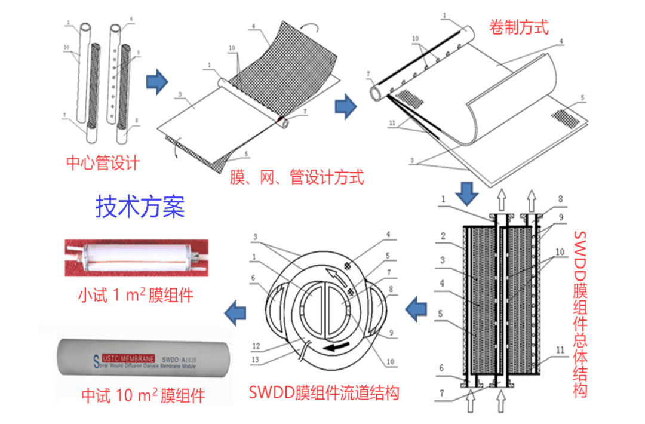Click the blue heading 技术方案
140,206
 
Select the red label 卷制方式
518,27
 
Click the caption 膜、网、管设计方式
297,177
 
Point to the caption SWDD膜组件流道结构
324,392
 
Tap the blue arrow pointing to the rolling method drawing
346,107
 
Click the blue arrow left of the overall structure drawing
417,309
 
